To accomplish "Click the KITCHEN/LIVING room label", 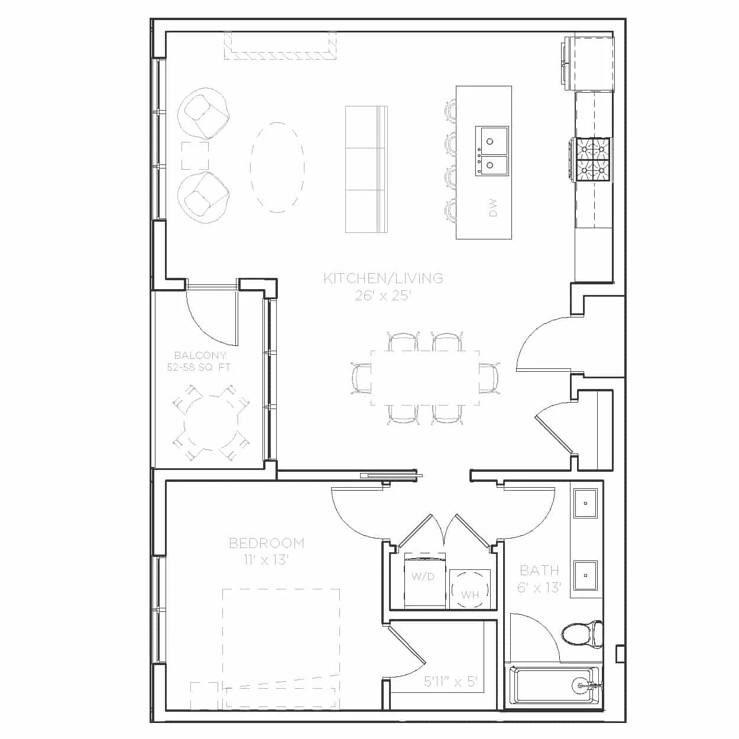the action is click(x=383, y=278).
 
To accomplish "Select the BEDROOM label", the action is click(x=267, y=543).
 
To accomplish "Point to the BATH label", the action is click(x=539, y=571).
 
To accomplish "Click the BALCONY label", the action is click(x=200, y=355).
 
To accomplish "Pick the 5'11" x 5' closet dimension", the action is click(x=451, y=681).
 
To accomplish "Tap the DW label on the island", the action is click(x=493, y=208).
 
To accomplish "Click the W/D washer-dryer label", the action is click(x=423, y=576).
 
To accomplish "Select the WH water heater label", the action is click(x=470, y=595).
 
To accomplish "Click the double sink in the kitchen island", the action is click(x=492, y=151).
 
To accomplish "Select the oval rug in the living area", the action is click(x=278, y=167).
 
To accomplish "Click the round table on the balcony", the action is click(x=210, y=424).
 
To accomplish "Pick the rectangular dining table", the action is click(x=425, y=378).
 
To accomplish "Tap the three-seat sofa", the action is click(x=366, y=169).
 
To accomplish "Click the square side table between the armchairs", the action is click(x=195, y=155).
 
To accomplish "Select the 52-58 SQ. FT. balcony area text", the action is click(x=199, y=367).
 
